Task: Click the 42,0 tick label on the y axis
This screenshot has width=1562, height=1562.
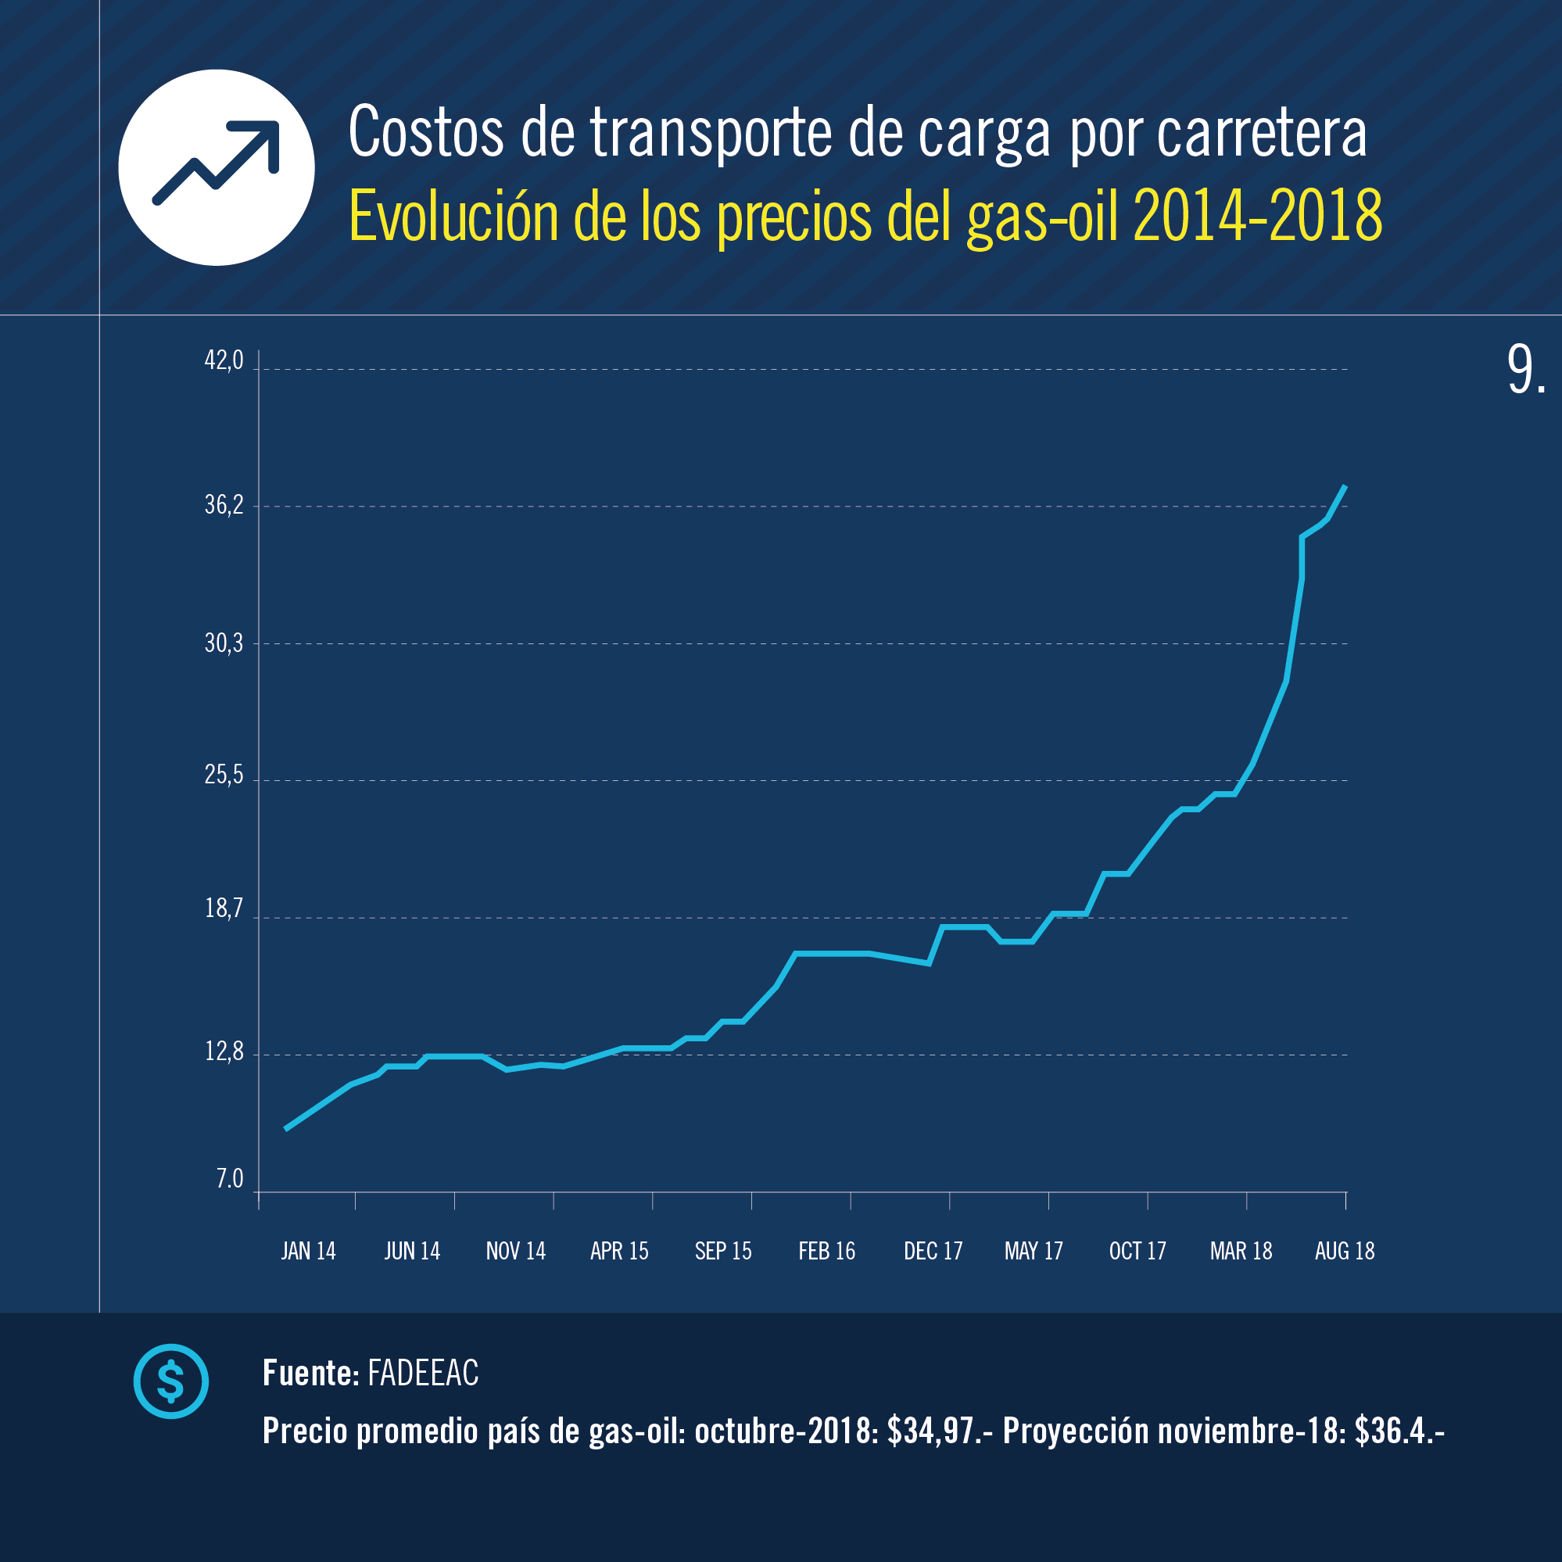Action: [224, 360]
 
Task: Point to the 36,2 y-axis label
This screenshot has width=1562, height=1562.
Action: [224, 505]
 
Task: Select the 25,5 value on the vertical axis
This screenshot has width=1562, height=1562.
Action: [224, 775]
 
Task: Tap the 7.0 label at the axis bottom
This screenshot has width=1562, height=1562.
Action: [230, 1179]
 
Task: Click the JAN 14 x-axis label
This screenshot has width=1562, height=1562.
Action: [308, 1251]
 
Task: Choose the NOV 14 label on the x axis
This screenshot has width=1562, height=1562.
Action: [516, 1251]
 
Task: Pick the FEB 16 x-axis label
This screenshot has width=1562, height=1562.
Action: [826, 1251]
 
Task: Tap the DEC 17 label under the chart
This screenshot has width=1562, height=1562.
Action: [933, 1251]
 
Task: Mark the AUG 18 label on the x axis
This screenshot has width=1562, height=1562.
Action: [1345, 1251]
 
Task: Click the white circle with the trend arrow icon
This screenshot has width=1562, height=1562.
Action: [217, 167]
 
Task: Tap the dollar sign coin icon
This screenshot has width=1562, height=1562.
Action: [170, 1381]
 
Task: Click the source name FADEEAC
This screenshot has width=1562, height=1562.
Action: [423, 1373]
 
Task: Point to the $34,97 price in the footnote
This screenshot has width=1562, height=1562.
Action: [933, 1431]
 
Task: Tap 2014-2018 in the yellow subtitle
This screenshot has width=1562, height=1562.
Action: [1257, 216]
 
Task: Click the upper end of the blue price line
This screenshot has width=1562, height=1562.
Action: [1345, 486]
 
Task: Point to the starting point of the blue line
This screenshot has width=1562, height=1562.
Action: [286, 1129]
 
